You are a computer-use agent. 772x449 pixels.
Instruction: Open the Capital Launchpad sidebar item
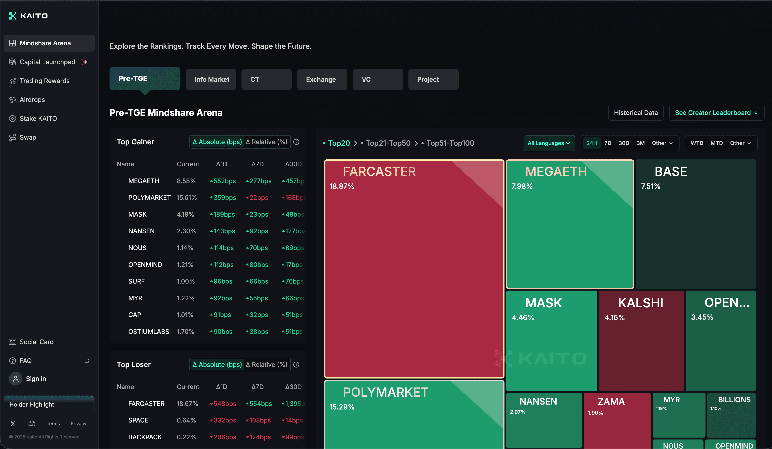pos(48,62)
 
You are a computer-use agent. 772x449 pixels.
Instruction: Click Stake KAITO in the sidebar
pos(38,119)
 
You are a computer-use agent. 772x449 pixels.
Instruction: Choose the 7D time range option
pos(608,143)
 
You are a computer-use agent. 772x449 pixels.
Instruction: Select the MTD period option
pos(717,143)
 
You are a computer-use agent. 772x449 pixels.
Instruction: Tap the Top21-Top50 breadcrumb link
pos(388,143)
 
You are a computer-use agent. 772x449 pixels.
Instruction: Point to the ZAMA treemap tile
pos(617,420)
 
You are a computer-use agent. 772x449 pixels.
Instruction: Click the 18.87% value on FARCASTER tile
pos(342,186)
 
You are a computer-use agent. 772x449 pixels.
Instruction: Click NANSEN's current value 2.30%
pos(186,231)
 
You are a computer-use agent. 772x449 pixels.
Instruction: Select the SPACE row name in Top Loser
pos(138,420)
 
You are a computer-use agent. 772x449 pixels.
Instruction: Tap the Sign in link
pos(36,379)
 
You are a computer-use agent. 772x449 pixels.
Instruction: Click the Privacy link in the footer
pos(78,424)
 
